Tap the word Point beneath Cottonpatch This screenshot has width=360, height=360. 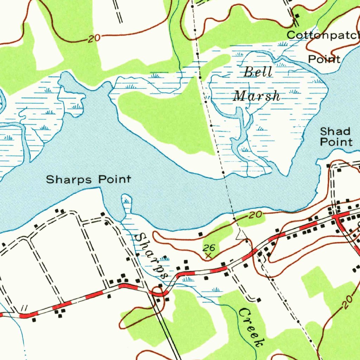(324, 59)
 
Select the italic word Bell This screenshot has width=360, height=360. (258, 72)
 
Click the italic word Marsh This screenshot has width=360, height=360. (257, 96)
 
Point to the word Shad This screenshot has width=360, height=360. (335, 132)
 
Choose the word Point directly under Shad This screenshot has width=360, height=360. (336, 142)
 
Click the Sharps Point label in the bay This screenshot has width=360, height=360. (89, 180)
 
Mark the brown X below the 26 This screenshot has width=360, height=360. (208, 256)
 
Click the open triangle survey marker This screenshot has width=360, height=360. (241, 236)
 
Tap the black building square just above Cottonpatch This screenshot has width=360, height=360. (297, 16)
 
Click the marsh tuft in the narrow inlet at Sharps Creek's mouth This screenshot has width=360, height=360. (126, 201)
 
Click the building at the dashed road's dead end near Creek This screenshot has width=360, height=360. (259, 300)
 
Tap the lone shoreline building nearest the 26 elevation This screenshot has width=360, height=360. (200, 234)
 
